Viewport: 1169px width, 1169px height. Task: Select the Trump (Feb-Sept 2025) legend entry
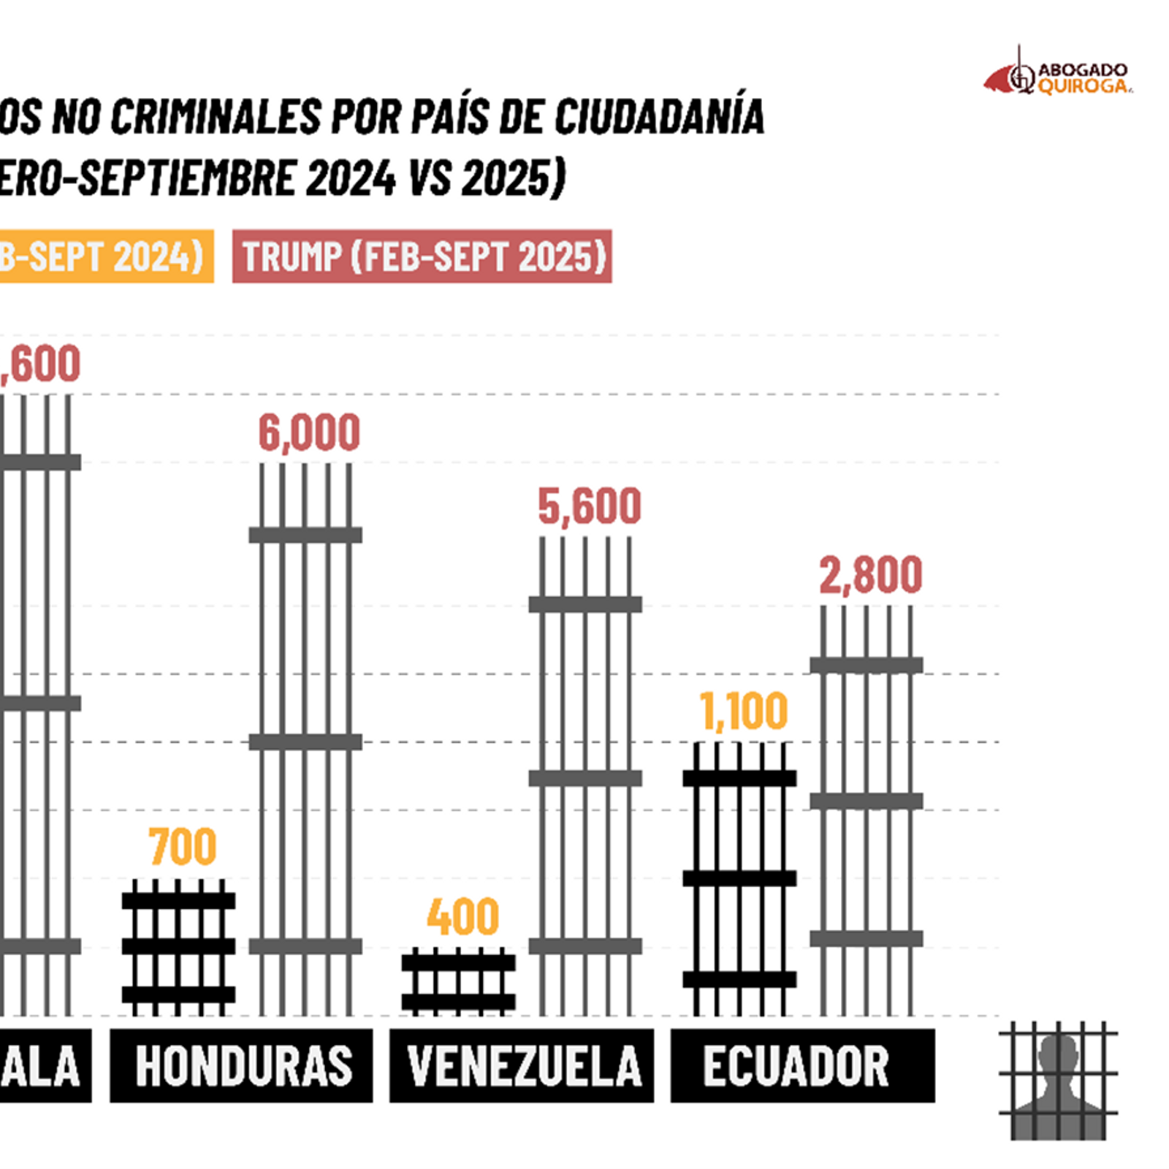click(422, 256)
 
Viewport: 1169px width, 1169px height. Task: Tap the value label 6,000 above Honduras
click(309, 433)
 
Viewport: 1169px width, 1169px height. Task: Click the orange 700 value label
click(183, 847)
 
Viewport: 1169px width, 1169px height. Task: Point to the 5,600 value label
click(590, 506)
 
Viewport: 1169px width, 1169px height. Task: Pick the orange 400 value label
click(463, 917)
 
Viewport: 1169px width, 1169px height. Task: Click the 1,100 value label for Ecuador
click(744, 711)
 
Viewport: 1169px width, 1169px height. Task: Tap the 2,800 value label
click(870, 575)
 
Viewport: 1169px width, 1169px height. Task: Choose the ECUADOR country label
click(796, 1066)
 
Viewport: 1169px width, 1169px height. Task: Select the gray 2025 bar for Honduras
click(305, 738)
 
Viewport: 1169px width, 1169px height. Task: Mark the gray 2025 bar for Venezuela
click(585, 774)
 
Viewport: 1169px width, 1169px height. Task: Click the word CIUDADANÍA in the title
click(660, 117)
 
